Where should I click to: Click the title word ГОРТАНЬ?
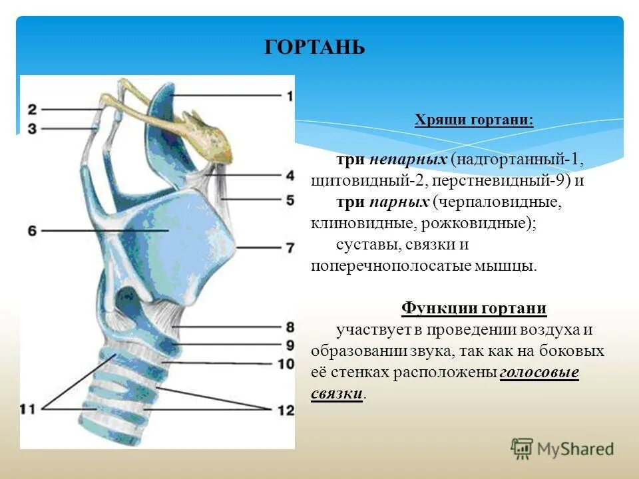[x=315, y=48]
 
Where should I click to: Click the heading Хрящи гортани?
[x=474, y=120]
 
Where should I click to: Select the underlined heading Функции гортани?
[x=474, y=309]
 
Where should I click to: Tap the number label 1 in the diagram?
[x=289, y=95]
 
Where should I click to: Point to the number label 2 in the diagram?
[x=32, y=108]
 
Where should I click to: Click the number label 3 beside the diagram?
[x=32, y=127]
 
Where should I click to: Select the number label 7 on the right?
[x=290, y=247]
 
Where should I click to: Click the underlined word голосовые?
[x=538, y=373]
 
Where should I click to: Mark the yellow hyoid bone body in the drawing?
[x=212, y=136]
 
